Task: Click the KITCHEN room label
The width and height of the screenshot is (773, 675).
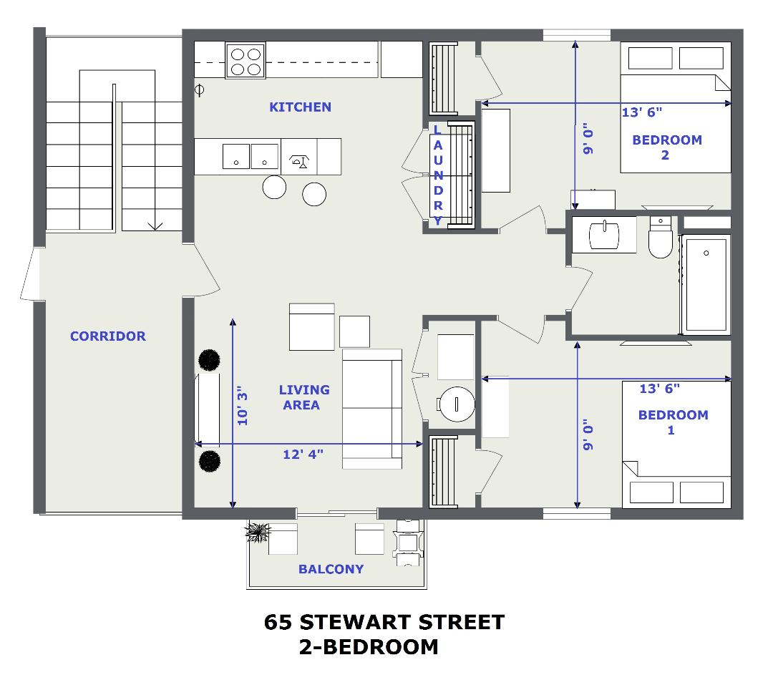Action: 300,107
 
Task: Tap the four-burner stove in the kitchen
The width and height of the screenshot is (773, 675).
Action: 245,61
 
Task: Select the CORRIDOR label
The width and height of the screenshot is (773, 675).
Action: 108,336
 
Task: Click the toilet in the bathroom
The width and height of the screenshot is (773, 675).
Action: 661,237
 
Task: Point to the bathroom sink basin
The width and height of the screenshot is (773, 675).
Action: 604,235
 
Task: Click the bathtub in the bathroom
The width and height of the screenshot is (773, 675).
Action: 706,284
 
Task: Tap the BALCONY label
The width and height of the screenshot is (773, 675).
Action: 331,569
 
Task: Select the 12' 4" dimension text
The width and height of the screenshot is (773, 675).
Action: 303,454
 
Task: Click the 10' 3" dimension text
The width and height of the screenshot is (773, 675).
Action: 243,406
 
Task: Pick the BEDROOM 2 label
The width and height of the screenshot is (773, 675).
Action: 667,147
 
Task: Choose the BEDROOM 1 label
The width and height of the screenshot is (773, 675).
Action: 673,422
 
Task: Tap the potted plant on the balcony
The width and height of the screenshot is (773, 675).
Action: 258,533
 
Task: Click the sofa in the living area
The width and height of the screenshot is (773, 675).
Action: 372,409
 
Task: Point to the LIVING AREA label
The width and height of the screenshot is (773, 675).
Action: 303,397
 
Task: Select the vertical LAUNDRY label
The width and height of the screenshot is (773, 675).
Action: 438,175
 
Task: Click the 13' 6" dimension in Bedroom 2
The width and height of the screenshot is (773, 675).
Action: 642,112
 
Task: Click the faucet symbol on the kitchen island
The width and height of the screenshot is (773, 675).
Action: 298,161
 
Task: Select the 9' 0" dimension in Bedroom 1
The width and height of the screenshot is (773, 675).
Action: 588,434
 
